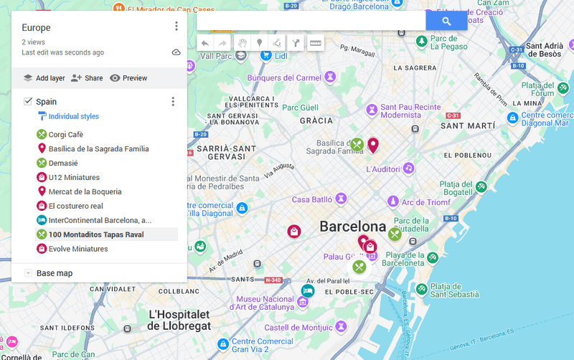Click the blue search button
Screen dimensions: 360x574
pos(446,22)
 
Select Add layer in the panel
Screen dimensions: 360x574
pos(44,78)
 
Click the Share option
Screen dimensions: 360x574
pos(87,78)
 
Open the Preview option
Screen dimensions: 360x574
pos(128,78)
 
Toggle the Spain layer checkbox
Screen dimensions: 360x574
pos(28,102)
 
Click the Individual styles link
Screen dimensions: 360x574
pos(73,116)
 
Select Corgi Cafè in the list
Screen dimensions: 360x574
pos(65,134)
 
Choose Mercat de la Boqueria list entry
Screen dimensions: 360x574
pos(85,191)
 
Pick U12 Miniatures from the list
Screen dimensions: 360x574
pos(74,177)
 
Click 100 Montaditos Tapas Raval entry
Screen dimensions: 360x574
pos(96,235)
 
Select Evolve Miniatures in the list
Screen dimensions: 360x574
pos(77,249)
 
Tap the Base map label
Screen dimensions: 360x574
pos(55,273)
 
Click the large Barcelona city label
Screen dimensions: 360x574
pos(353,227)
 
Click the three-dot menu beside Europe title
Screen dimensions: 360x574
pos(177,27)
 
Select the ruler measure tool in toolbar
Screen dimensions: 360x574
pos(315,44)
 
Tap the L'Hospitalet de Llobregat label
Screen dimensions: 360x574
pos(179,320)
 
